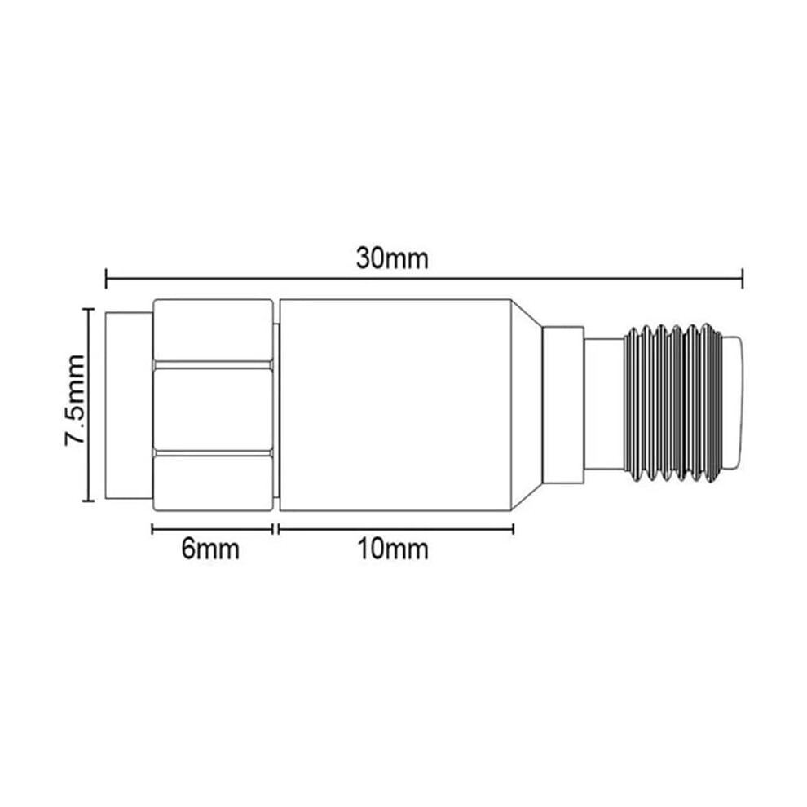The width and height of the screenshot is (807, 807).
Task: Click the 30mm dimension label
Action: [392, 259]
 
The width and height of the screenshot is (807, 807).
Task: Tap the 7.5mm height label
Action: [75, 400]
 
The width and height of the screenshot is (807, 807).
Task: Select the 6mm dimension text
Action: [210, 549]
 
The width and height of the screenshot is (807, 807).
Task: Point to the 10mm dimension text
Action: [393, 549]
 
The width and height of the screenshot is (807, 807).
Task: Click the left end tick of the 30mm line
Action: [106, 279]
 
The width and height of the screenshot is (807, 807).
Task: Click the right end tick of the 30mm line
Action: [742, 279]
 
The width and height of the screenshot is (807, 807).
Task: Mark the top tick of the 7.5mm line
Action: [89, 309]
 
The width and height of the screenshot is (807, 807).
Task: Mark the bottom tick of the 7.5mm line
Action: [89, 500]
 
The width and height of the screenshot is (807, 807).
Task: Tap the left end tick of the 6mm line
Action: [152, 529]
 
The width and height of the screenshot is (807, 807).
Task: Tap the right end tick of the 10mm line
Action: [513, 529]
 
